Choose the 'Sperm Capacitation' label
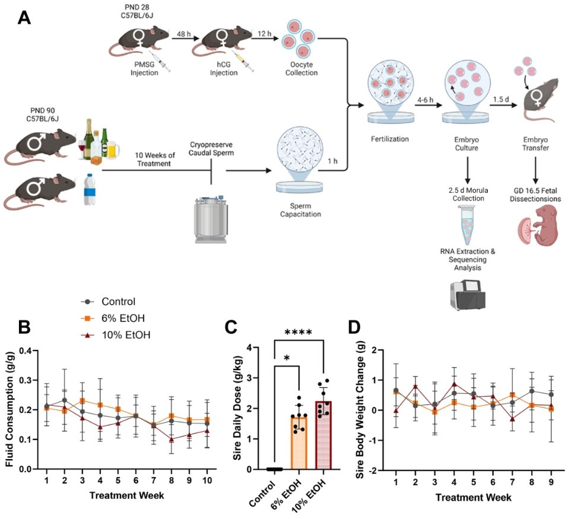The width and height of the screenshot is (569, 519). [301, 211]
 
